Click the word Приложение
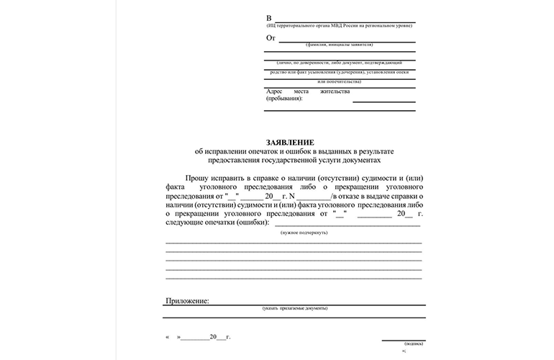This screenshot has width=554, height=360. click(187, 300)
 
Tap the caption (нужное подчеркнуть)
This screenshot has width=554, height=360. click(304, 233)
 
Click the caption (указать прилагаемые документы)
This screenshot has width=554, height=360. click(295, 308)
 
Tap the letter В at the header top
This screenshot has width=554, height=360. click(269, 17)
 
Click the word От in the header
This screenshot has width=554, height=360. click(271, 37)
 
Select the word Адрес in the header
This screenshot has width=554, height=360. click(276, 91)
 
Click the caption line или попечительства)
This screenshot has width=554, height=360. click(339, 81)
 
